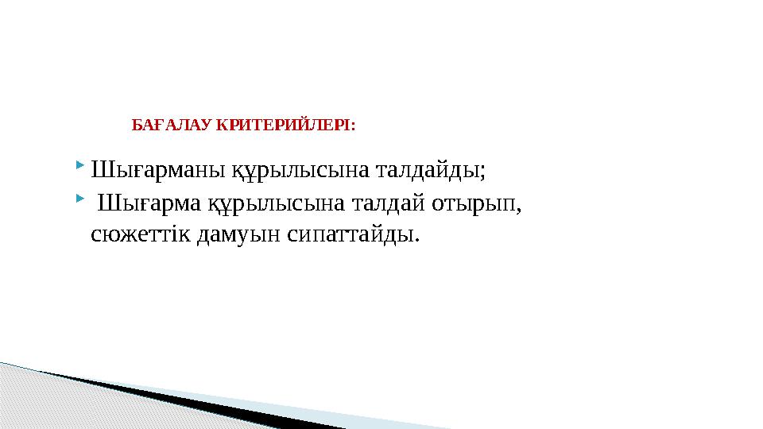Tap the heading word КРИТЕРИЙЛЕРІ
[283, 126]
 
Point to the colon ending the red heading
[353, 126]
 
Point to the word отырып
[474, 205]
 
